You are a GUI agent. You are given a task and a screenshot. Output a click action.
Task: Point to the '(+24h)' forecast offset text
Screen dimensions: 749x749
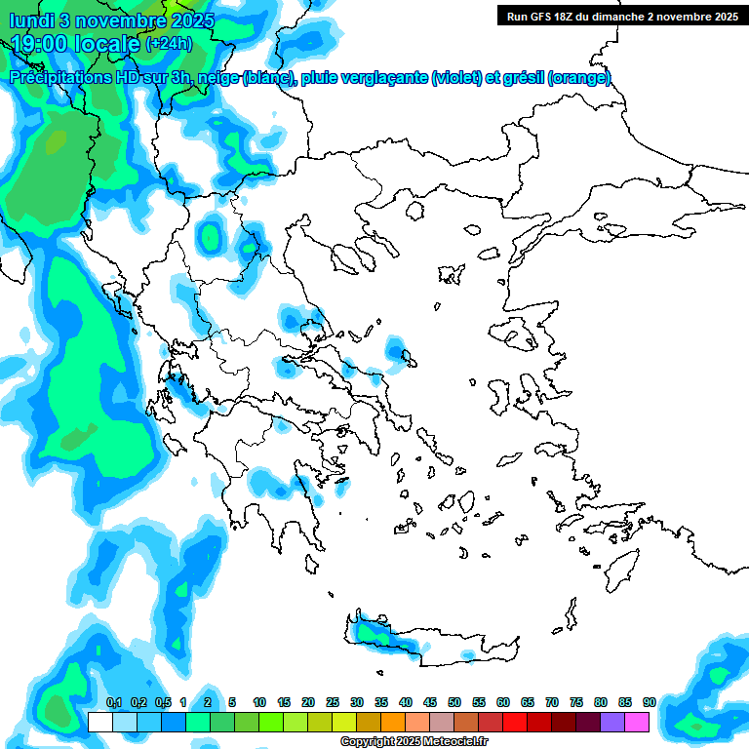(x=169, y=44)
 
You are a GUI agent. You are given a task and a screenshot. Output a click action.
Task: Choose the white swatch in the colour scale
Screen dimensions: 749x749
(x=100, y=722)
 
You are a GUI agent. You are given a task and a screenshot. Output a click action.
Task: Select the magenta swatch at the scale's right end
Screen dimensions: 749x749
(x=637, y=722)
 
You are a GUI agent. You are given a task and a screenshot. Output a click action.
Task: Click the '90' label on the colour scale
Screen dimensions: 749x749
(x=649, y=702)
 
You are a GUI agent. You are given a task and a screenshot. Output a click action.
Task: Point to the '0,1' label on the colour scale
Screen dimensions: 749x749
(x=113, y=702)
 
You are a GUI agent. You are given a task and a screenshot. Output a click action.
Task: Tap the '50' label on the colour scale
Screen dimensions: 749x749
(x=454, y=702)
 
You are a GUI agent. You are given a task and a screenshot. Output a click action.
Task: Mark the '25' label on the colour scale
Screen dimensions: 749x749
(x=333, y=702)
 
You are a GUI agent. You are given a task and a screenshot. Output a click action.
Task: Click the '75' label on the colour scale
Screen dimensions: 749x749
(x=576, y=702)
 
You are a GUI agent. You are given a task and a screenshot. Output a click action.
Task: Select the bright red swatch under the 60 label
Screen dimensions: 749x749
(x=515, y=722)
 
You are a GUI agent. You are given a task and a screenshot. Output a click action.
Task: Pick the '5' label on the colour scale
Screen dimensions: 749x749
(x=232, y=702)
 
